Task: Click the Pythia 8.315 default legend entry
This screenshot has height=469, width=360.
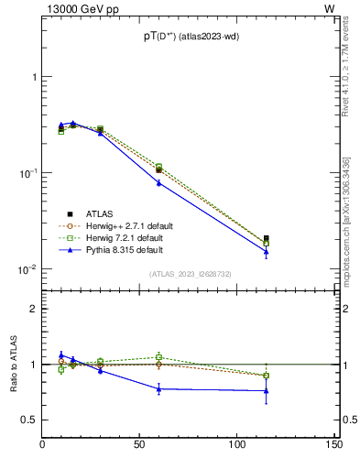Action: [124, 249]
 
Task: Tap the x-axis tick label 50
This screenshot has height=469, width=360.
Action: [140, 445]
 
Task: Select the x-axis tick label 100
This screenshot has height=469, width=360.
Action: [236, 445]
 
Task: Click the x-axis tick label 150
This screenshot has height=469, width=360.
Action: [333, 445]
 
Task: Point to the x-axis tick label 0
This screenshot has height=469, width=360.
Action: [43, 445]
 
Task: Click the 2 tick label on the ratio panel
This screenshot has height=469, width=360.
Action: [34, 309]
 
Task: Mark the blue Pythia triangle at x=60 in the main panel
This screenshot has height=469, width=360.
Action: [158, 182]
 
